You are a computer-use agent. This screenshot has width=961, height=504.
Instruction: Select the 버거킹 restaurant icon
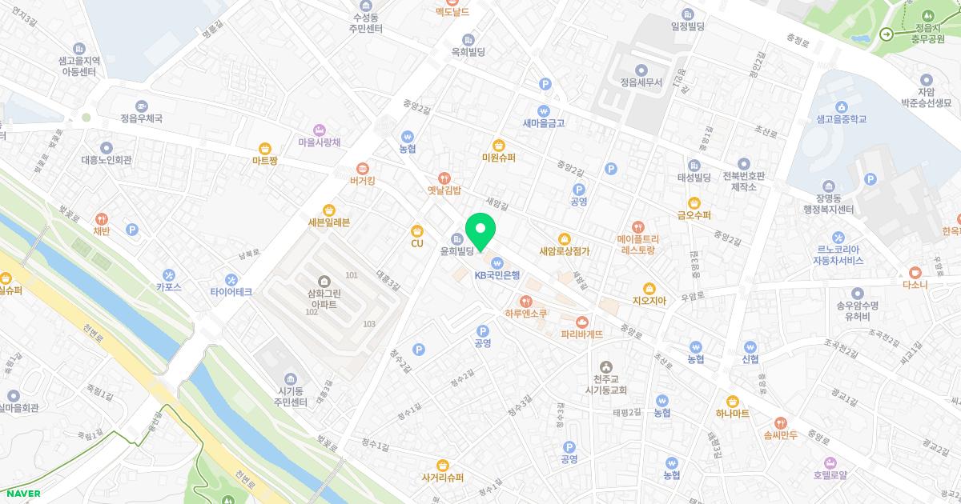[362, 168]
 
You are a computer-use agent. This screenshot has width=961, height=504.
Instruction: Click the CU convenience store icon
[416, 230]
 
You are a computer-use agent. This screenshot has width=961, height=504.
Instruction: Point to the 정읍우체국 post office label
[141, 118]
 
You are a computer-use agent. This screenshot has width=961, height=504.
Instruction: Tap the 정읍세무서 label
[641, 82]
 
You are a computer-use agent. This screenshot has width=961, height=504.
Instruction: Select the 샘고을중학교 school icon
[842, 106]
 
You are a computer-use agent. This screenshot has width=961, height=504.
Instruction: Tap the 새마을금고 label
[544, 123]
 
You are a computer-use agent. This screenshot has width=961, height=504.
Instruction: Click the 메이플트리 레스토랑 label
[637, 244]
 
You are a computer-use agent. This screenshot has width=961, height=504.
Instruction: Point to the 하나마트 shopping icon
[732, 401]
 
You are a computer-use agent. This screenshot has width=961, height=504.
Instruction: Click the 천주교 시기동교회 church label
[605, 384]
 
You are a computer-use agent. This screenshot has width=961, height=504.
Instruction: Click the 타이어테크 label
[231, 292]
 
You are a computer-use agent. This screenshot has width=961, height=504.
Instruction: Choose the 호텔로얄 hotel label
[829, 474]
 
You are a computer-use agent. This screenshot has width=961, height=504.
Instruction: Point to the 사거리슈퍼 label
[443, 477]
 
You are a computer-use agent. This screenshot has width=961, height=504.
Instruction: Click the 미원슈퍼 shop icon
[499, 145]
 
